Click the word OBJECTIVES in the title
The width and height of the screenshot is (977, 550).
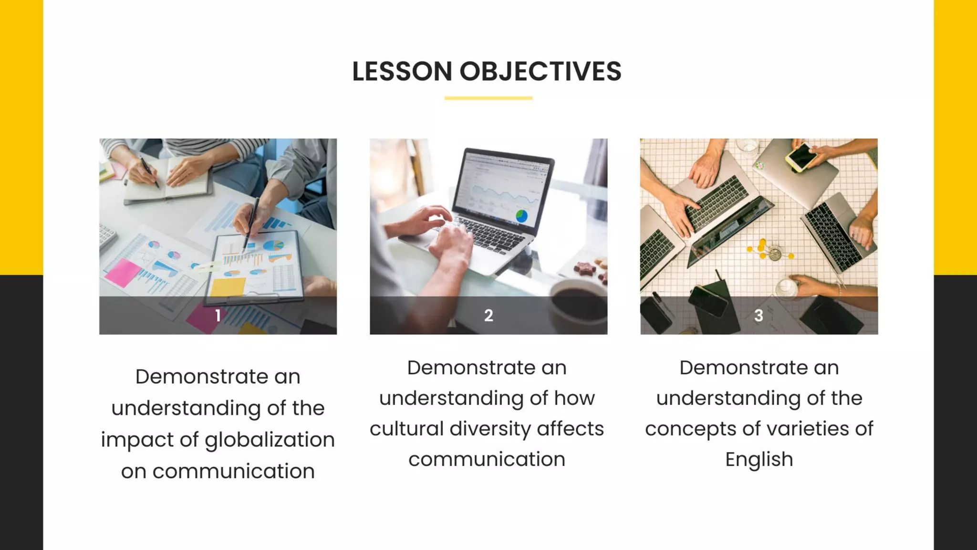tap(540, 72)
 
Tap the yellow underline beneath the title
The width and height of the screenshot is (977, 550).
tap(488, 98)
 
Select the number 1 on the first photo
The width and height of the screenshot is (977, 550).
tap(218, 316)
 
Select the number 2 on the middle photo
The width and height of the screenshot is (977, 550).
tap(488, 316)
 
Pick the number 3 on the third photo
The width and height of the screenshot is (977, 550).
tap(759, 316)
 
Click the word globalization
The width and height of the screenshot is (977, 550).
tap(270, 440)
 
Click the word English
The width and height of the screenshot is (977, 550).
tap(759, 459)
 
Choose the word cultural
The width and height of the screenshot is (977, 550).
tap(406, 429)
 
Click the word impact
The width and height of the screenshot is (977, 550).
tap(137, 440)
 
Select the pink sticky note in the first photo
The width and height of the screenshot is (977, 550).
tap(123, 273)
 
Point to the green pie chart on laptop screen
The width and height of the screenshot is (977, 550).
tap(522, 216)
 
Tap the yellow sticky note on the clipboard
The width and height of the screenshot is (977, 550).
tap(228, 286)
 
